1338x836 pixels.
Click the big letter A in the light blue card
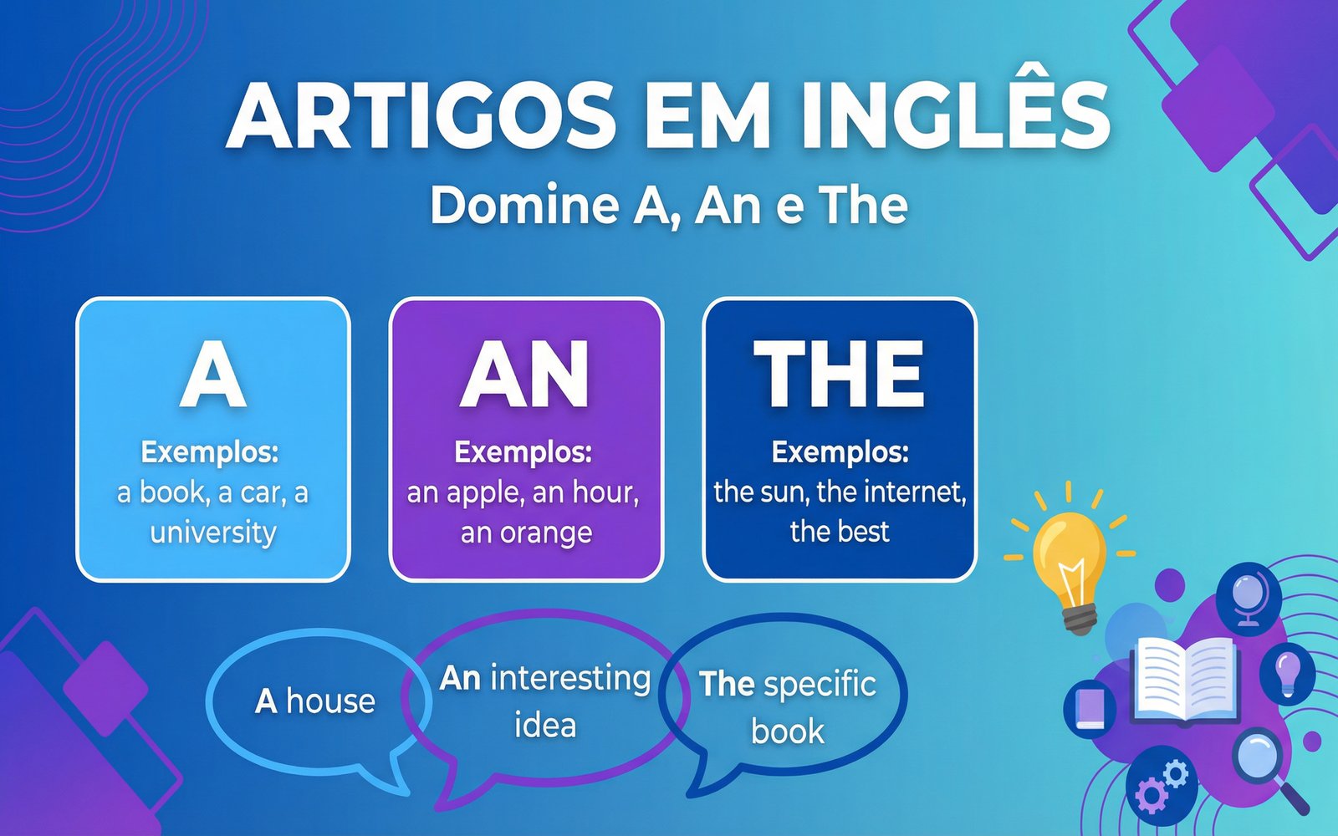[x=213, y=374]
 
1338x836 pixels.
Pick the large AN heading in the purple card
[x=526, y=374]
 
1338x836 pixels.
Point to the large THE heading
[x=840, y=374]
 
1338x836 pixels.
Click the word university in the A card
[x=213, y=532]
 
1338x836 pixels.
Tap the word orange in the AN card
[x=550, y=532]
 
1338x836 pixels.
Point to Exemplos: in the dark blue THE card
[x=840, y=451]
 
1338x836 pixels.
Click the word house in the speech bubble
[x=330, y=701]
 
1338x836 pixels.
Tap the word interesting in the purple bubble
[x=570, y=678]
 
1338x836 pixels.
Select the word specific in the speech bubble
[x=819, y=684]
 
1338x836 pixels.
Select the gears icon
[x=1162, y=786]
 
